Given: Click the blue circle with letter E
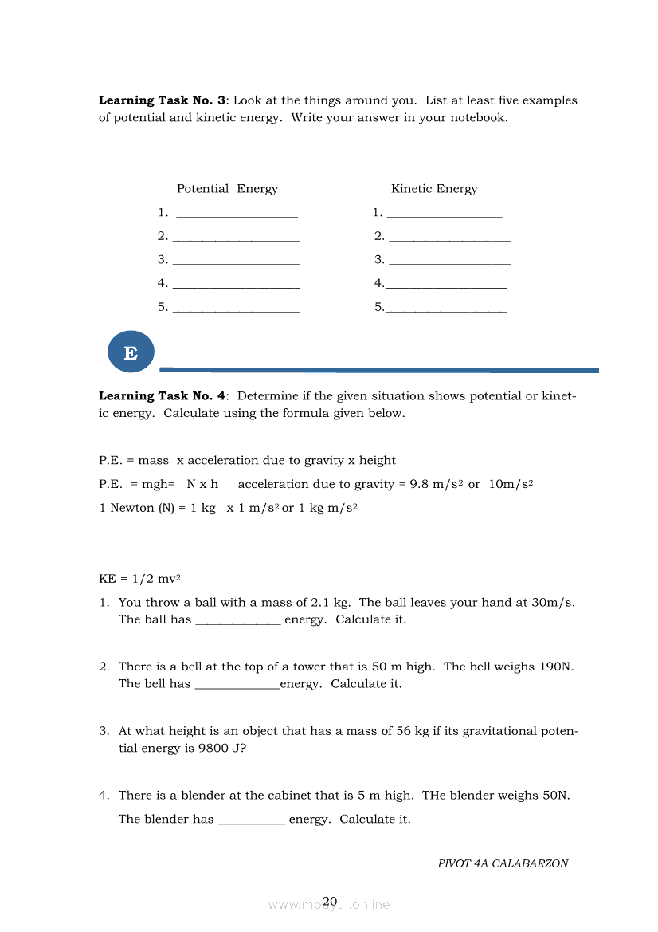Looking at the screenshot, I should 131,352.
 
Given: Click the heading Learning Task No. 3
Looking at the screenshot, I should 162,100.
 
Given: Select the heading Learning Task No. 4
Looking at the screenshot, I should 162,395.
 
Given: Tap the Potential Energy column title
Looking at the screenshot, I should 227,189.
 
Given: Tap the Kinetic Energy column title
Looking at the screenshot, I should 434,189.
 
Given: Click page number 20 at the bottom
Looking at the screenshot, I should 330,902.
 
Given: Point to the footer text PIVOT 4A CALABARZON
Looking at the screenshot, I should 503,863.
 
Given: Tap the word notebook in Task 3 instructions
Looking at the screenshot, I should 478,117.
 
